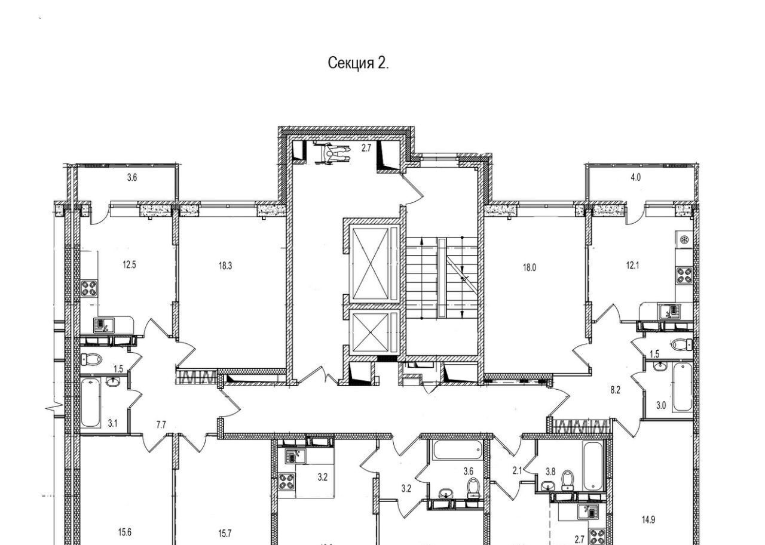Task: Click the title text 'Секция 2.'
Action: coord(358,63)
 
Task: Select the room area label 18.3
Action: coord(225,266)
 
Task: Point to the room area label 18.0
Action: coord(530,268)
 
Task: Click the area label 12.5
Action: coord(130,264)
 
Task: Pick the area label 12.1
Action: coord(632,266)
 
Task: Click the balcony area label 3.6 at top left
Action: coord(132,177)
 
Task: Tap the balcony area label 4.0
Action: coord(635,177)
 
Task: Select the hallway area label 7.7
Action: coord(161,424)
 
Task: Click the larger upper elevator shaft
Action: coord(371,264)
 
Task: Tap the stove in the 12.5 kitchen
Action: coord(90,288)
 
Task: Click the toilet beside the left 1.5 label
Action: coord(92,359)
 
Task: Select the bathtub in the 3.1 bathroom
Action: coord(91,404)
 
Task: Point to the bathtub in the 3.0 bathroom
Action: coord(683,388)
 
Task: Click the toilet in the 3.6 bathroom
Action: coord(473,489)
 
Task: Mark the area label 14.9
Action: coord(648,520)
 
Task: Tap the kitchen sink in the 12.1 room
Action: coord(669,312)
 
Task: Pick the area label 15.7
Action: coord(225,534)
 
